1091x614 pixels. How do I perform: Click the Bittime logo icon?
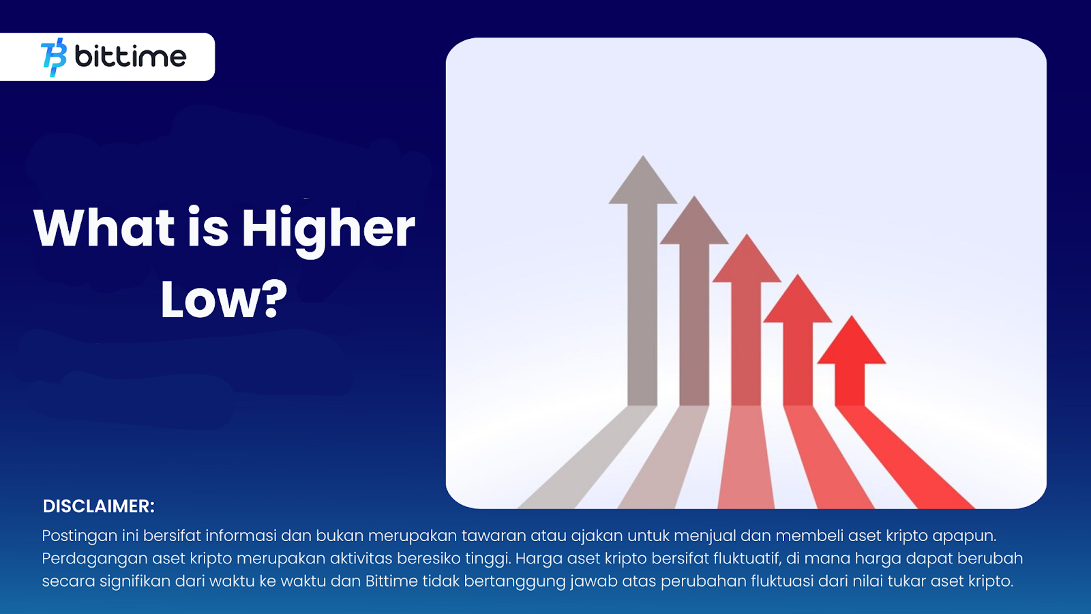54,57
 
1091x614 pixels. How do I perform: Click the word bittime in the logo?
130,57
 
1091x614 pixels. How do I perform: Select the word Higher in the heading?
328,231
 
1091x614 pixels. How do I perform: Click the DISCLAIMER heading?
98,506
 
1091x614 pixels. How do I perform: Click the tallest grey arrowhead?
643,180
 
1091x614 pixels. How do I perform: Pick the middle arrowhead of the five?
747,259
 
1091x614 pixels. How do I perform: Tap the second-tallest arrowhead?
694,220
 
